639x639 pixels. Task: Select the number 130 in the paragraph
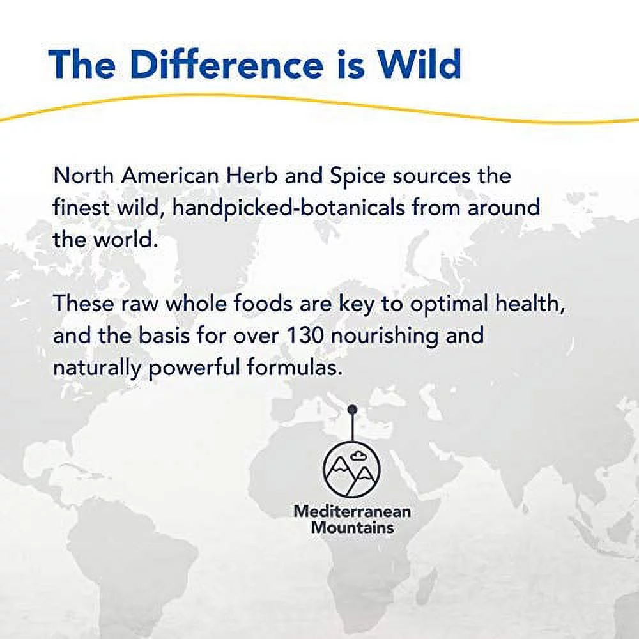[x=306, y=336]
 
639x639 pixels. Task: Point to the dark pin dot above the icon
[x=353, y=409]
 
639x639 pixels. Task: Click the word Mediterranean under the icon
[x=352, y=511]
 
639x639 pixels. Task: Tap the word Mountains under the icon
[x=352, y=527]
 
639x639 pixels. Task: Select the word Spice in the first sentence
[x=357, y=176]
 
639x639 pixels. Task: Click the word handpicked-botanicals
[x=289, y=208]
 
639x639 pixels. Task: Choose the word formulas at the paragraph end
[x=293, y=367]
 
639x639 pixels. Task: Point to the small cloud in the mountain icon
[x=357, y=455]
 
